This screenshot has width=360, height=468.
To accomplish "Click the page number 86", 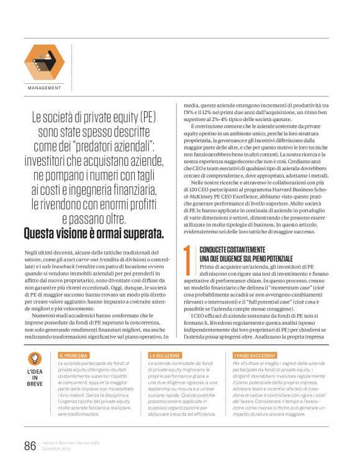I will (x=30, y=446).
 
